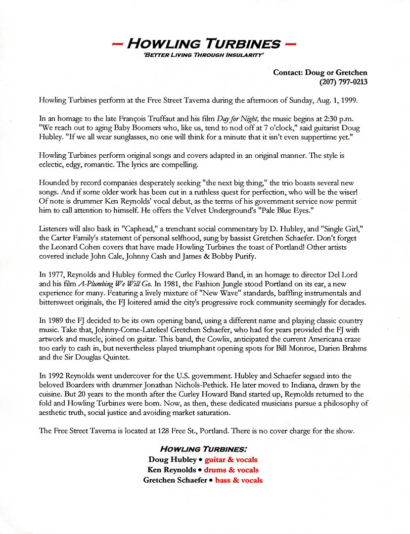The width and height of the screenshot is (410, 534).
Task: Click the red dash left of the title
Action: [x=118, y=44]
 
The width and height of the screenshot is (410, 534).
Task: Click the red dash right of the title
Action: [x=291, y=44]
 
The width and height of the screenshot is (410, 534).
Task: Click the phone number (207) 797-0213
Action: [x=343, y=82]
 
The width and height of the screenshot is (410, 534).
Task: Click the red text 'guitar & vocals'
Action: [x=231, y=460]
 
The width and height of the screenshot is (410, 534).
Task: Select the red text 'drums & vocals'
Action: [x=231, y=470]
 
